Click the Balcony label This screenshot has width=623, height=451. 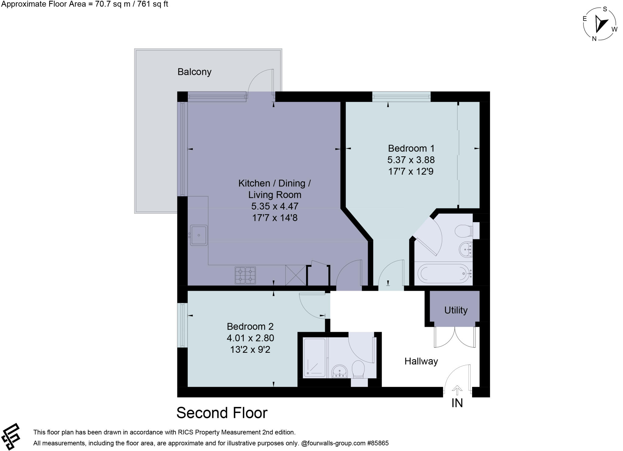194,72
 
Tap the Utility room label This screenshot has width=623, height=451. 455,310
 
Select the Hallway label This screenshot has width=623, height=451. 421,361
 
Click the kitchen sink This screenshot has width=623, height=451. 199,235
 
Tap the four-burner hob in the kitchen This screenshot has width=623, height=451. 245,275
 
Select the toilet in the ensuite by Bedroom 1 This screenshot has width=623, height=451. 464,231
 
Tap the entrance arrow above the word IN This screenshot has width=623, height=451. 457,390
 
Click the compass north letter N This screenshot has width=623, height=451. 594,39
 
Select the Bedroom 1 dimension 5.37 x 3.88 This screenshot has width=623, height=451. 411,160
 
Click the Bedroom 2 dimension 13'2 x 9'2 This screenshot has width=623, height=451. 250,350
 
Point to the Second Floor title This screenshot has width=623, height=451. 222,413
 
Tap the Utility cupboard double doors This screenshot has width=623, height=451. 455,338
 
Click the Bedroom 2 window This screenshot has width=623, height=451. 182,325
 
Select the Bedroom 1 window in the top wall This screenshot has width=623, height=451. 401,96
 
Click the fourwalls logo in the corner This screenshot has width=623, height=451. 11,436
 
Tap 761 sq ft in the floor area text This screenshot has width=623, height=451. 154,4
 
